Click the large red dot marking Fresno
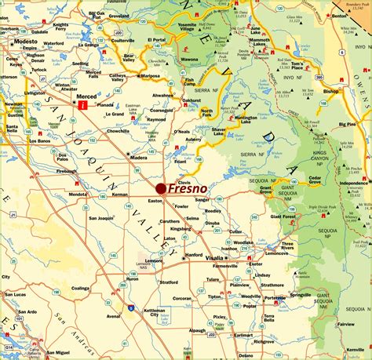tap(160, 188)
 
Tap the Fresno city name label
tap(188, 188)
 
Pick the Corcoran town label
tap(182, 299)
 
